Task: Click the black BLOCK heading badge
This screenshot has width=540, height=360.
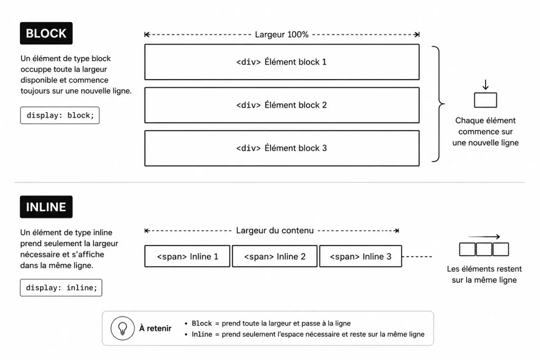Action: tap(46, 33)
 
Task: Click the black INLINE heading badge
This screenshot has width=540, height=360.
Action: tap(46, 207)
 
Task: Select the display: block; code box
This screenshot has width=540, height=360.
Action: tap(60, 115)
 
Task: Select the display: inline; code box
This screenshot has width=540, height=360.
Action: tap(61, 288)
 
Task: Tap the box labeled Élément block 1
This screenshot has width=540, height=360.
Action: tap(282, 62)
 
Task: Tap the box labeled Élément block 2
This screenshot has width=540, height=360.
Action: tap(282, 105)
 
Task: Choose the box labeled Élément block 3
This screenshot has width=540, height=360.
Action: tap(282, 148)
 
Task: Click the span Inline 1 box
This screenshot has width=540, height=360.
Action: tap(187, 256)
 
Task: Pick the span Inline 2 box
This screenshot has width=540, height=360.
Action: tap(275, 256)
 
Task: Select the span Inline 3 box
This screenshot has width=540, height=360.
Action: tap(361, 256)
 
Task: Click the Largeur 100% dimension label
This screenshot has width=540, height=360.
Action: tap(282, 34)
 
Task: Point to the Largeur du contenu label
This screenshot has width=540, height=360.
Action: tap(275, 230)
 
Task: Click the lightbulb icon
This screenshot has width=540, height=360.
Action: tap(122, 328)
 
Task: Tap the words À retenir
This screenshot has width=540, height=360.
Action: tap(155, 328)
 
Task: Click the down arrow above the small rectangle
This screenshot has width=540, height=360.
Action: tap(485, 84)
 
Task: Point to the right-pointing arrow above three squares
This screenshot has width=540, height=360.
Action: tap(484, 237)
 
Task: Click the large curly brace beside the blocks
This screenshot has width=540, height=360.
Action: tap(438, 104)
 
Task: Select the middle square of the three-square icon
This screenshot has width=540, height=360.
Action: tap(484, 249)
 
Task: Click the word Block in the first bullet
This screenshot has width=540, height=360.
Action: tap(202, 323)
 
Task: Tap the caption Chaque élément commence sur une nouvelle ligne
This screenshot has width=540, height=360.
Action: tap(485, 132)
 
